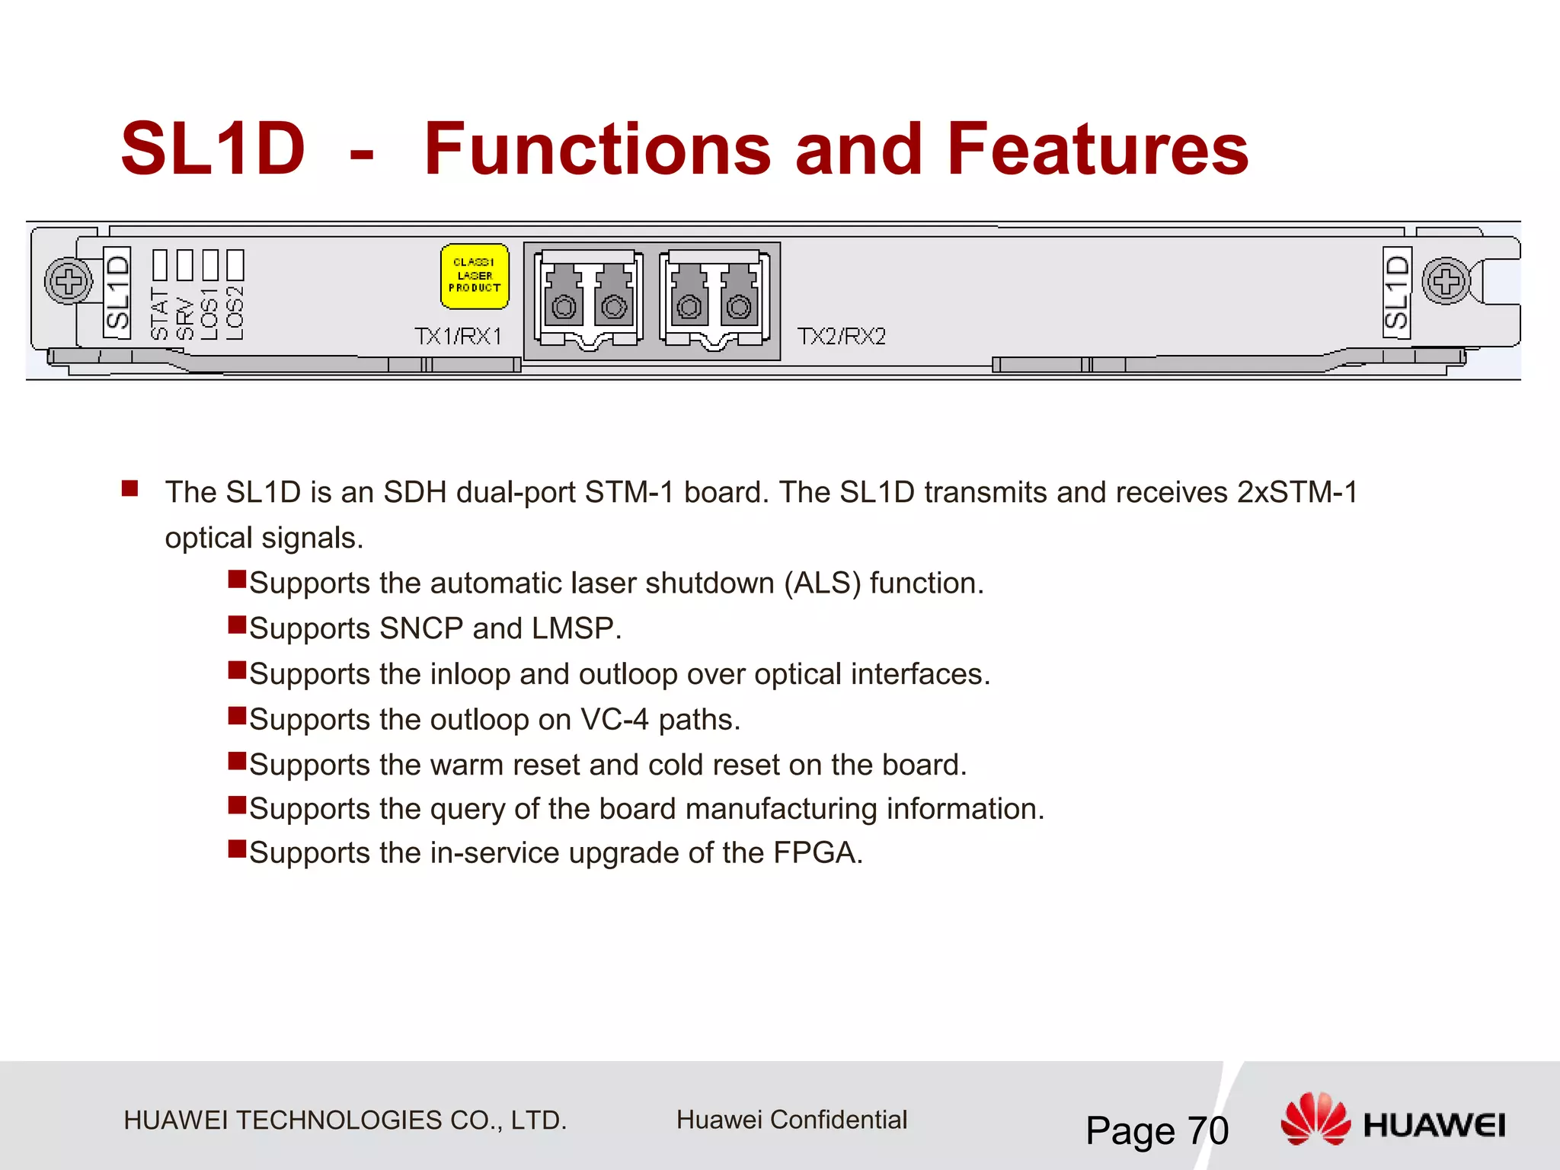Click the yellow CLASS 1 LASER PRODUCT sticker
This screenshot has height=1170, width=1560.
pyautogui.click(x=475, y=277)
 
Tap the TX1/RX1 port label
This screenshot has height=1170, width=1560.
pyautogui.click(x=458, y=336)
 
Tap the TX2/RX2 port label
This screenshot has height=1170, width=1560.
pyautogui.click(x=841, y=336)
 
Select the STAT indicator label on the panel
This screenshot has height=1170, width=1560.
pyautogui.click(x=159, y=314)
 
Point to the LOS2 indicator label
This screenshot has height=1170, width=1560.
pyautogui.click(x=235, y=312)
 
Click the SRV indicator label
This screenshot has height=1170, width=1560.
pyautogui.click(x=184, y=318)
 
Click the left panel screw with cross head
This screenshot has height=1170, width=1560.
pyautogui.click(x=69, y=281)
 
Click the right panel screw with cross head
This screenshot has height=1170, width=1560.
pyautogui.click(x=1446, y=281)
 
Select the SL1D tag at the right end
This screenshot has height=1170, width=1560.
pyautogui.click(x=1397, y=292)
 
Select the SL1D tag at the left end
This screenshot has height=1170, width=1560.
pyautogui.click(x=117, y=292)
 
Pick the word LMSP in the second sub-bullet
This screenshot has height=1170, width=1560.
pyautogui.click(x=576, y=629)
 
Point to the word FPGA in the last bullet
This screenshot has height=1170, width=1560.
pyautogui.click(x=817, y=853)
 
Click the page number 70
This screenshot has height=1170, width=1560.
pyautogui.click(x=1208, y=1130)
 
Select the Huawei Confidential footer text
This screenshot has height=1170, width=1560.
pyautogui.click(x=791, y=1120)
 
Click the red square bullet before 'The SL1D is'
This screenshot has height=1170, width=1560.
pyautogui.click(x=129, y=488)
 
